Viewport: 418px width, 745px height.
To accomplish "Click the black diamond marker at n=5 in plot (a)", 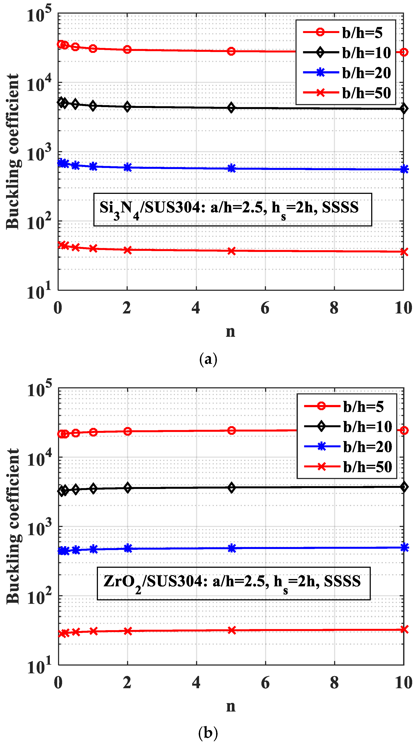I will (231, 108).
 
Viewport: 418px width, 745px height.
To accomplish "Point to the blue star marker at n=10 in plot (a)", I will (404, 169).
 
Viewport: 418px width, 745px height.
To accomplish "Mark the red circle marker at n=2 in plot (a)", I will (127, 50).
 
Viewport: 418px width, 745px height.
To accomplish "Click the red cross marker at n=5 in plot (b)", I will (232, 630).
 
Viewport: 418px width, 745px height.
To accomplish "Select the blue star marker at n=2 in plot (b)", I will (128, 548).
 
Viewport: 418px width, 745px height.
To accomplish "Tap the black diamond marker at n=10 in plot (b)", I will (404, 487).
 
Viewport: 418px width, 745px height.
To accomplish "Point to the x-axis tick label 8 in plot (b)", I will (334, 683).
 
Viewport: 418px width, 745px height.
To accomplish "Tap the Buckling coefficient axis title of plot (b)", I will (13, 526).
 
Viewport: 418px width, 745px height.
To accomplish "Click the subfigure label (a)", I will (208, 359).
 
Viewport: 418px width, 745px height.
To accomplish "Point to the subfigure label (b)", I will (208, 732).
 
